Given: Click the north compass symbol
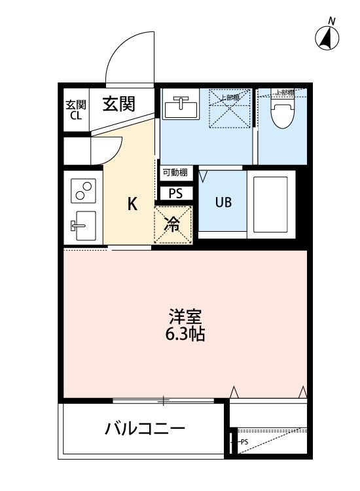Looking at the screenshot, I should (x=327, y=37).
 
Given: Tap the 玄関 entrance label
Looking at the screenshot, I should (x=118, y=103).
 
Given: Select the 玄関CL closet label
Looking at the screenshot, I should (x=76, y=110).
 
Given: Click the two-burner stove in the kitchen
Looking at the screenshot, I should (x=83, y=189).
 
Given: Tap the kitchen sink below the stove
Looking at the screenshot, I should (x=83, y=226).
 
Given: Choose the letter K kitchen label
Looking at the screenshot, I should (x=132, y=204).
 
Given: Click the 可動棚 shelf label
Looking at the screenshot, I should (x=175, y=173).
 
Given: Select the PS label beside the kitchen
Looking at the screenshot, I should (x=176, y=193).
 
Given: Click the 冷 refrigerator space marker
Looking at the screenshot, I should (x=173, y=225).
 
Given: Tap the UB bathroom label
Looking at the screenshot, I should (x=223, y=202).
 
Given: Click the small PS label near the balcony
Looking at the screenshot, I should (x=243, y=442).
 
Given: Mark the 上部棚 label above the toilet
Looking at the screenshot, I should (x=283, y=92).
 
